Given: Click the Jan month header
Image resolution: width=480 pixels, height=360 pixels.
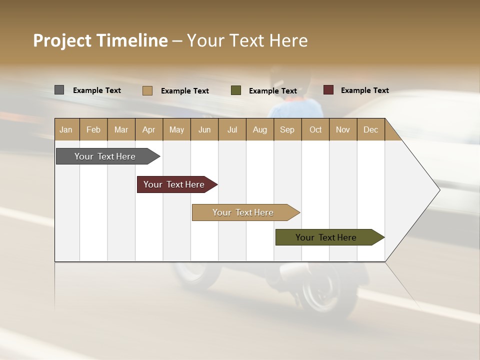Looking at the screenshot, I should click(66, 129).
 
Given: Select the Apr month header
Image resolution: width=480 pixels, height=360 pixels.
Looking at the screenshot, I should click(148, 129).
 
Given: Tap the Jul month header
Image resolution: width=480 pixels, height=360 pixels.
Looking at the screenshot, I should click(232, 129).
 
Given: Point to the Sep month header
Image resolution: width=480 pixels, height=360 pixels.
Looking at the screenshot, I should click(287, 129).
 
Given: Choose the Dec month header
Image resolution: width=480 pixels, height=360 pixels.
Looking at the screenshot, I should click(370, 129).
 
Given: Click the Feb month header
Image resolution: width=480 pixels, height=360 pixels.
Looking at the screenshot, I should click(93, 129).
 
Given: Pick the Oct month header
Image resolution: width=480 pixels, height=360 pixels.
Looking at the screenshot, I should click(315, 129).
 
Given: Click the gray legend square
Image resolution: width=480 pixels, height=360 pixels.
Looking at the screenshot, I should click(59, 90).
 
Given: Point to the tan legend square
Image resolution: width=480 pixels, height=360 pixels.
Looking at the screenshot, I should click(147, 90).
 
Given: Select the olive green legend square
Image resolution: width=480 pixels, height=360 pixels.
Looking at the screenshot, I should click(236, 90).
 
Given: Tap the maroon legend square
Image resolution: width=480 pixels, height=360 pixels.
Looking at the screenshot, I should click(328, 90).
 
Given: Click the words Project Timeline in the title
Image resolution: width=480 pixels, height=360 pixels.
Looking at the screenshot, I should click(100, 40).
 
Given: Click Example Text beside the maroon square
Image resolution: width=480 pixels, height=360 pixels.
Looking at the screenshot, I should click(364, 90).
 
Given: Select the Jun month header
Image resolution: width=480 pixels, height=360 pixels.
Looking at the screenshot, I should click(204, 129).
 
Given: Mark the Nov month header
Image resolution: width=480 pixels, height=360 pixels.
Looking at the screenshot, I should click(343, 129).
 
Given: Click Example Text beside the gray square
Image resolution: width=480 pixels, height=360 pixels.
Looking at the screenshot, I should click(96, 90).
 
